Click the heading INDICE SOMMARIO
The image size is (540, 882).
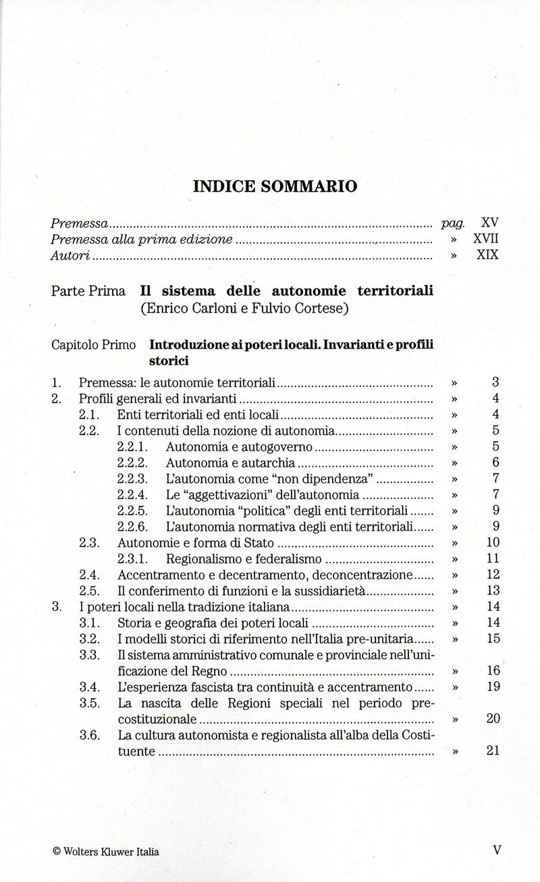(x=275, y=186)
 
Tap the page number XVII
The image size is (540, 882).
(x=485, y=239)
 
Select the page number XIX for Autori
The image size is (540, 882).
(x=487, y=256)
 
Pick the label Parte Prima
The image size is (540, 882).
(x=88, y=291)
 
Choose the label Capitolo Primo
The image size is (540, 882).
(x=94, y=344)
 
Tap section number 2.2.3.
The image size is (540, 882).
(x=132, y=479)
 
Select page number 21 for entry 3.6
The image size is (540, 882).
(x=493, y=750)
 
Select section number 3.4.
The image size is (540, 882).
(x=90, y=687)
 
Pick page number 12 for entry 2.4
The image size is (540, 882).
(x=493, y=575)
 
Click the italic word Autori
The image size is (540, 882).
(x=71, y=256)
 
